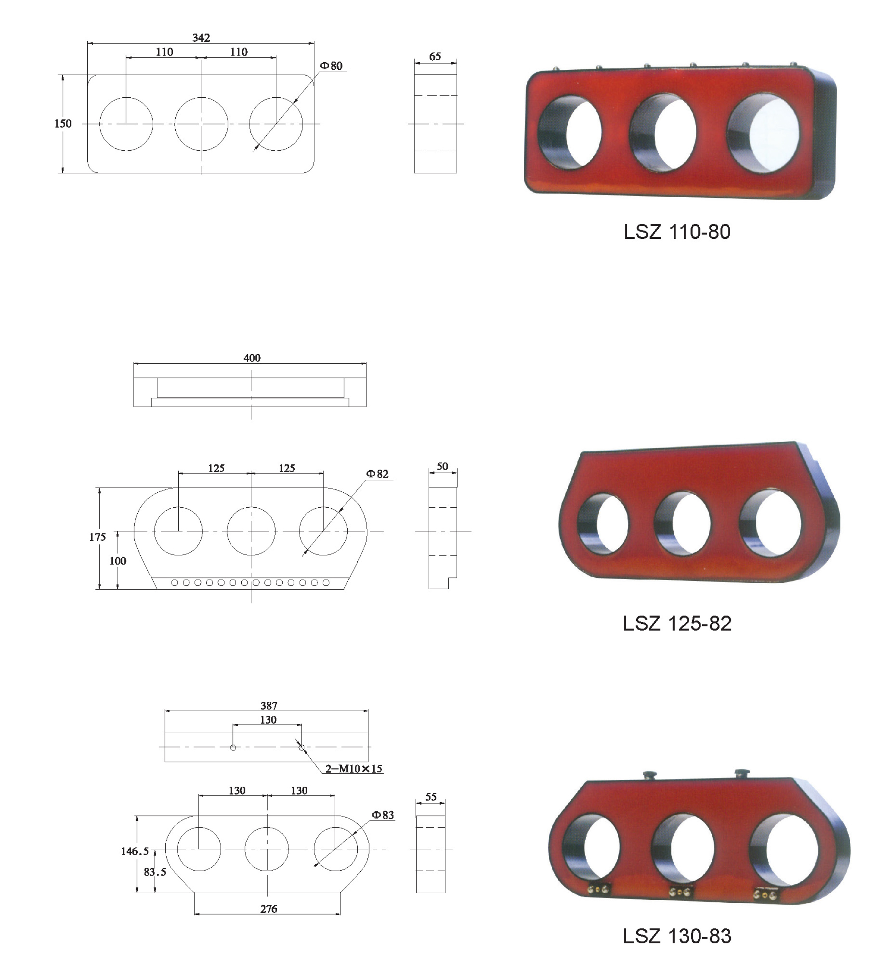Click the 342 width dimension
click(201, 38)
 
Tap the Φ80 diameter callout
click(331, 66)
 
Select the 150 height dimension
click(63, 124)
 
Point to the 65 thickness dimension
click(435, 56)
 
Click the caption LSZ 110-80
click(677, 232)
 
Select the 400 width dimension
click(252, 358)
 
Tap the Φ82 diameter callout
click(377, 474)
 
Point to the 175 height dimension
click(97, 537)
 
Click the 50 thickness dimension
click(442, 466)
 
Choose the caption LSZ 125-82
click(677, 623)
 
